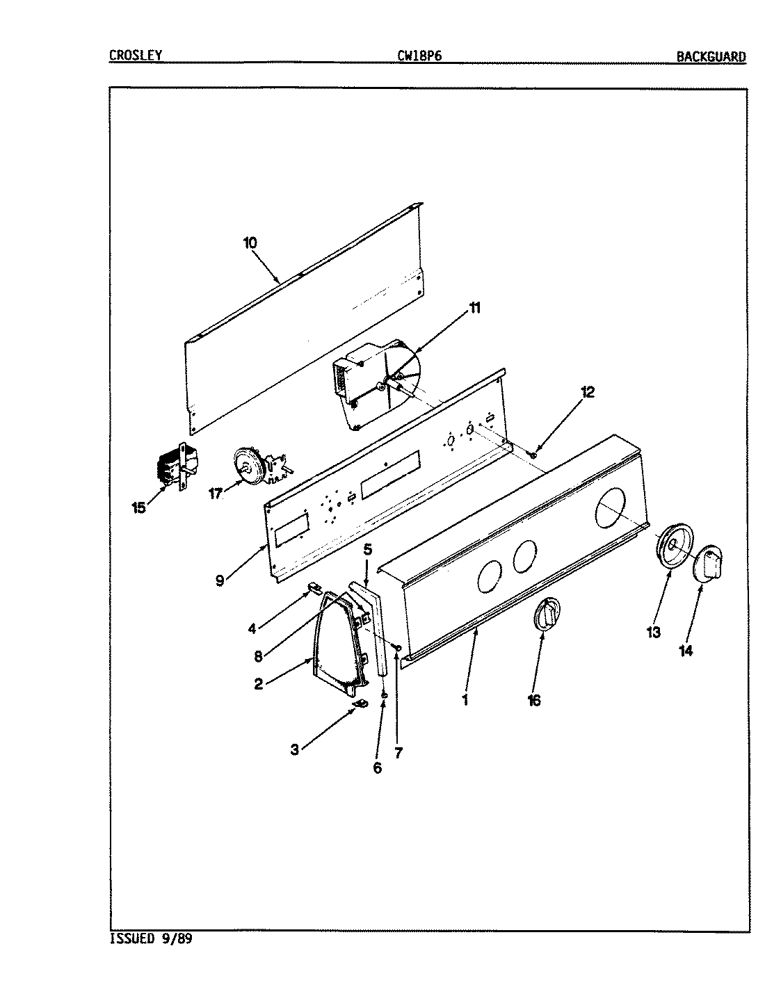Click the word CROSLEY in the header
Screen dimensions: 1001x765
[136, 55]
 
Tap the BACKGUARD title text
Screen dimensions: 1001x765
[711, 57]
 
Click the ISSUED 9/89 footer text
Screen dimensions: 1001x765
[151, 939]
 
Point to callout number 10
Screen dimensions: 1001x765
[250, 243]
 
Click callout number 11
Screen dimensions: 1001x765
[475, 309]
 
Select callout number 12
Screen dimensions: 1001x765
[588, 392]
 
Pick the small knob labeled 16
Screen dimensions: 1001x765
[547, 615]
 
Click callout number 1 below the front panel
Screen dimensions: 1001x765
[465, 700]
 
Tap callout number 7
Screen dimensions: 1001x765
[399, 752]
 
